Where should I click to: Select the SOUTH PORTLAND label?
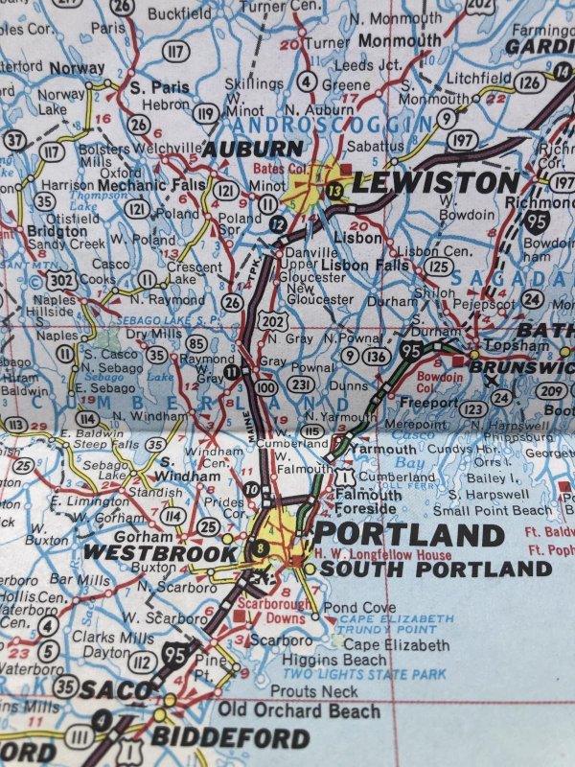[436, 569]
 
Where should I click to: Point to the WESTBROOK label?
[159, 552]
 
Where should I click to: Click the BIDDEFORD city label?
[230, 738]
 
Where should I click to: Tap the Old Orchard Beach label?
[299, 710]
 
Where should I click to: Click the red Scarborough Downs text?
[280, 612]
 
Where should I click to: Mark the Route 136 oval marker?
[377, 356]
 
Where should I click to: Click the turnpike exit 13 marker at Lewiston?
[333, 191]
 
